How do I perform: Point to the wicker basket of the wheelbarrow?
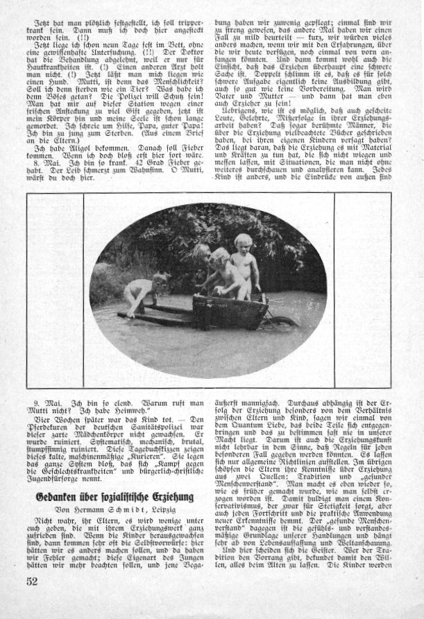(230, 311)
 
